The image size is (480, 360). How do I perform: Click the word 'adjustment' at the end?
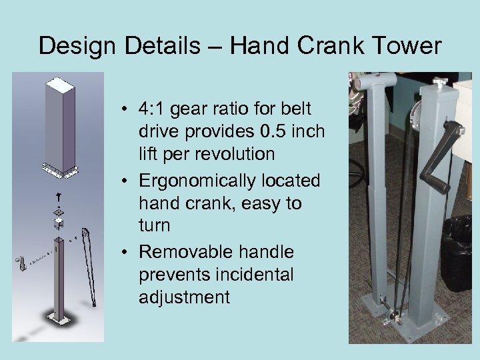click(x=184, y=297)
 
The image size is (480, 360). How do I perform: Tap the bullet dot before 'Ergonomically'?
click(x=125, y=181)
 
